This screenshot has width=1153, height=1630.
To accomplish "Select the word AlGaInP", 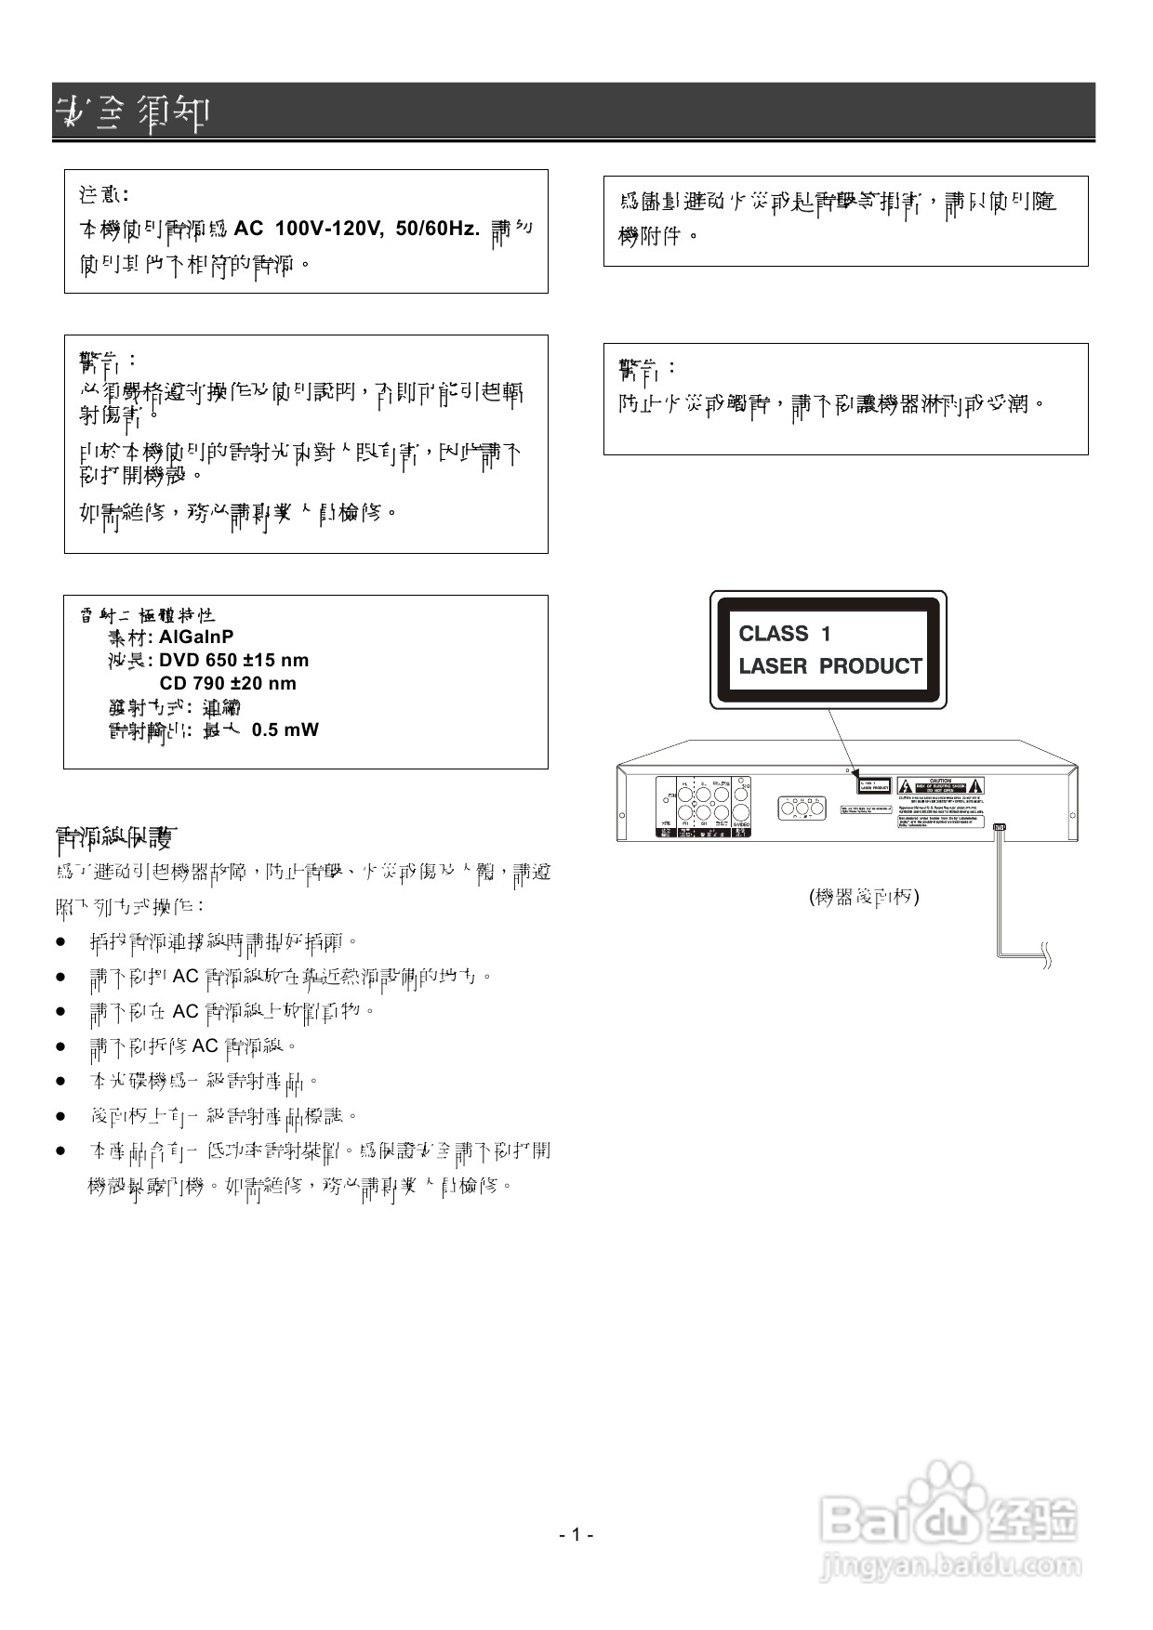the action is [x=196, y=638].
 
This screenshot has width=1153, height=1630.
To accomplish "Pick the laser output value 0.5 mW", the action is [x=285, y=730].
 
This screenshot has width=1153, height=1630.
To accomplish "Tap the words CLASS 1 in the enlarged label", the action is [x=784, y=634].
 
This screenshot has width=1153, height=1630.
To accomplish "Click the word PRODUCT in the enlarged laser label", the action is [x=870, y=666].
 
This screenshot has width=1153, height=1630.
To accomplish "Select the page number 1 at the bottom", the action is [x=576, y=1534].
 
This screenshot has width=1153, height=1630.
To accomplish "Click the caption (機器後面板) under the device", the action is [x=864, y=897].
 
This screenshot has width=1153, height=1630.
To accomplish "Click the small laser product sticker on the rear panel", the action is [x=873, y=785].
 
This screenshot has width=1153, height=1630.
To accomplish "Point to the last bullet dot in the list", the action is [x=61, y=1150].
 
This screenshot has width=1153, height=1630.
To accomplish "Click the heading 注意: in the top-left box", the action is [x=103, y=195].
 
